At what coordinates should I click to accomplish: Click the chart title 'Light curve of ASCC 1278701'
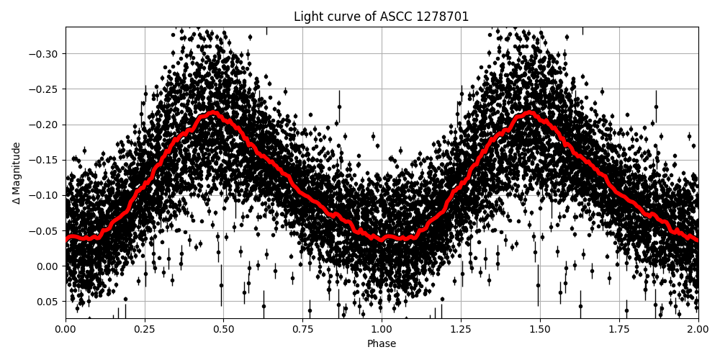(x=381, y=17)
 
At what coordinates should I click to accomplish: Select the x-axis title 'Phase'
(x=382, y=344)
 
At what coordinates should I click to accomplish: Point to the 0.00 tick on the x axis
(x=66, y=330)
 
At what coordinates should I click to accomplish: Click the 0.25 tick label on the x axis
(x=145, y=330)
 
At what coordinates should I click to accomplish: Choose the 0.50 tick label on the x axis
(x=223, y=330)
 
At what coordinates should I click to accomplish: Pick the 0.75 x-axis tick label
(x=302, y=330)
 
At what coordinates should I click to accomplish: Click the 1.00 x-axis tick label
(x=382, y=330)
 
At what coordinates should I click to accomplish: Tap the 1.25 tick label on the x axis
(x=461, y=330)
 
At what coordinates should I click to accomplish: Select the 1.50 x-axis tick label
(x=540, y=330)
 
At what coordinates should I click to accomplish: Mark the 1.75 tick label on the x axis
(x=619, y=330)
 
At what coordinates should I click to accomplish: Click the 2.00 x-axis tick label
(x=698, y=330)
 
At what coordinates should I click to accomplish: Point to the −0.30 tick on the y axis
(x=45, y=54)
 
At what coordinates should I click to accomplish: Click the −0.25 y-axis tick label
(x=45, y=89)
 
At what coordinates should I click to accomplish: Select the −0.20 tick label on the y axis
(x=45, y=125)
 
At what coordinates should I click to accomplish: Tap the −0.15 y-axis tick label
(x=45, y=160)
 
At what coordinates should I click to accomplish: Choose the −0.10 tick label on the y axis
(x=45, y=195)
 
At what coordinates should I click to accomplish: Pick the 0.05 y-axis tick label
(x=48, y=301)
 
